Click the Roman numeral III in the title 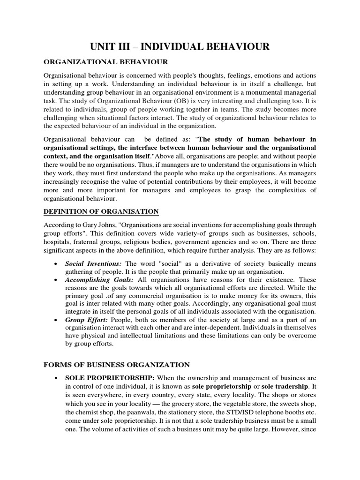pyautogui.click(x=129, y=46)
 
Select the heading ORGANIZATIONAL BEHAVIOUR pyautogui.click(x=105, y=62)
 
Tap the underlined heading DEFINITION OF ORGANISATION pyautogui.click(x=101, y=211)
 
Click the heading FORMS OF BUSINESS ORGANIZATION pyautogui.click(x=117, y=364)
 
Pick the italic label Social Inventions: pyautogui.click(x=94, y=264)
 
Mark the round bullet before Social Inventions pyautogui.click(x=56, y=264)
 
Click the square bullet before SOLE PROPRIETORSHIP pyautogui.click(x=56, y=377)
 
